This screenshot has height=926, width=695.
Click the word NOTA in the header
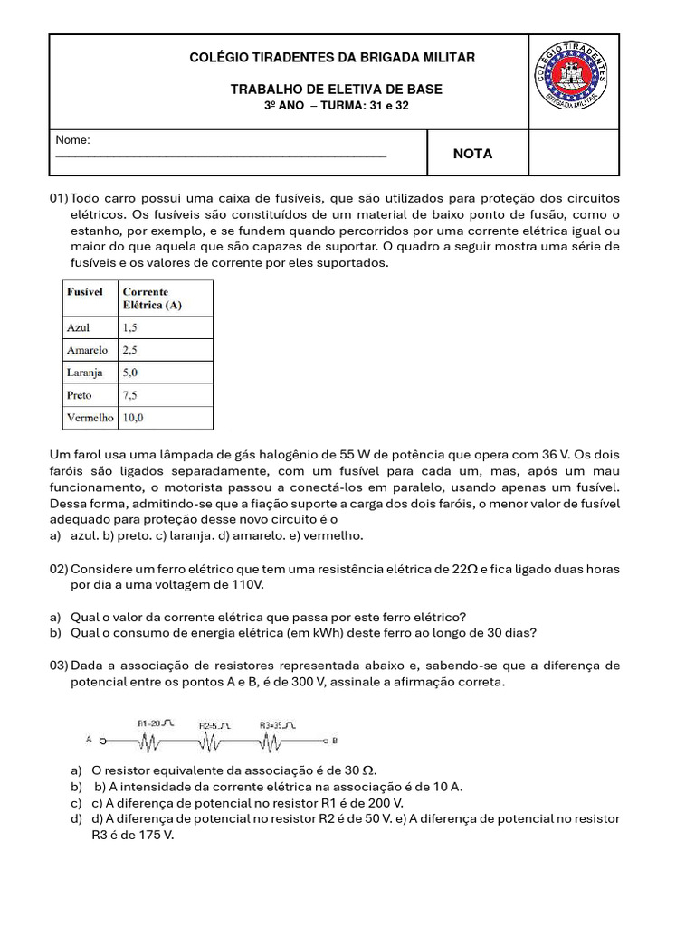tap(472, 154)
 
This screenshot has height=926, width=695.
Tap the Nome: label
tap(72, 140)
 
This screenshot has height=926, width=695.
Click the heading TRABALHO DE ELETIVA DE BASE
tap(336, 90)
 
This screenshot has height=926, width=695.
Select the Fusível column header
tap(84, 292)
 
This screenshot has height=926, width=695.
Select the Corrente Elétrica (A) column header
tap(152, 298)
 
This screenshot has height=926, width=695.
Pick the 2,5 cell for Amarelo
tap(132, 350)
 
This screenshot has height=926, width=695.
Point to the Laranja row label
tap(85, 373)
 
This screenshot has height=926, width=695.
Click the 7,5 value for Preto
tap(132, 395)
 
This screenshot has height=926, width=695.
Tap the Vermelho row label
tap(90, 418)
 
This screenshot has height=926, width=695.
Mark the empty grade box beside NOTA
tap(574, 153)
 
